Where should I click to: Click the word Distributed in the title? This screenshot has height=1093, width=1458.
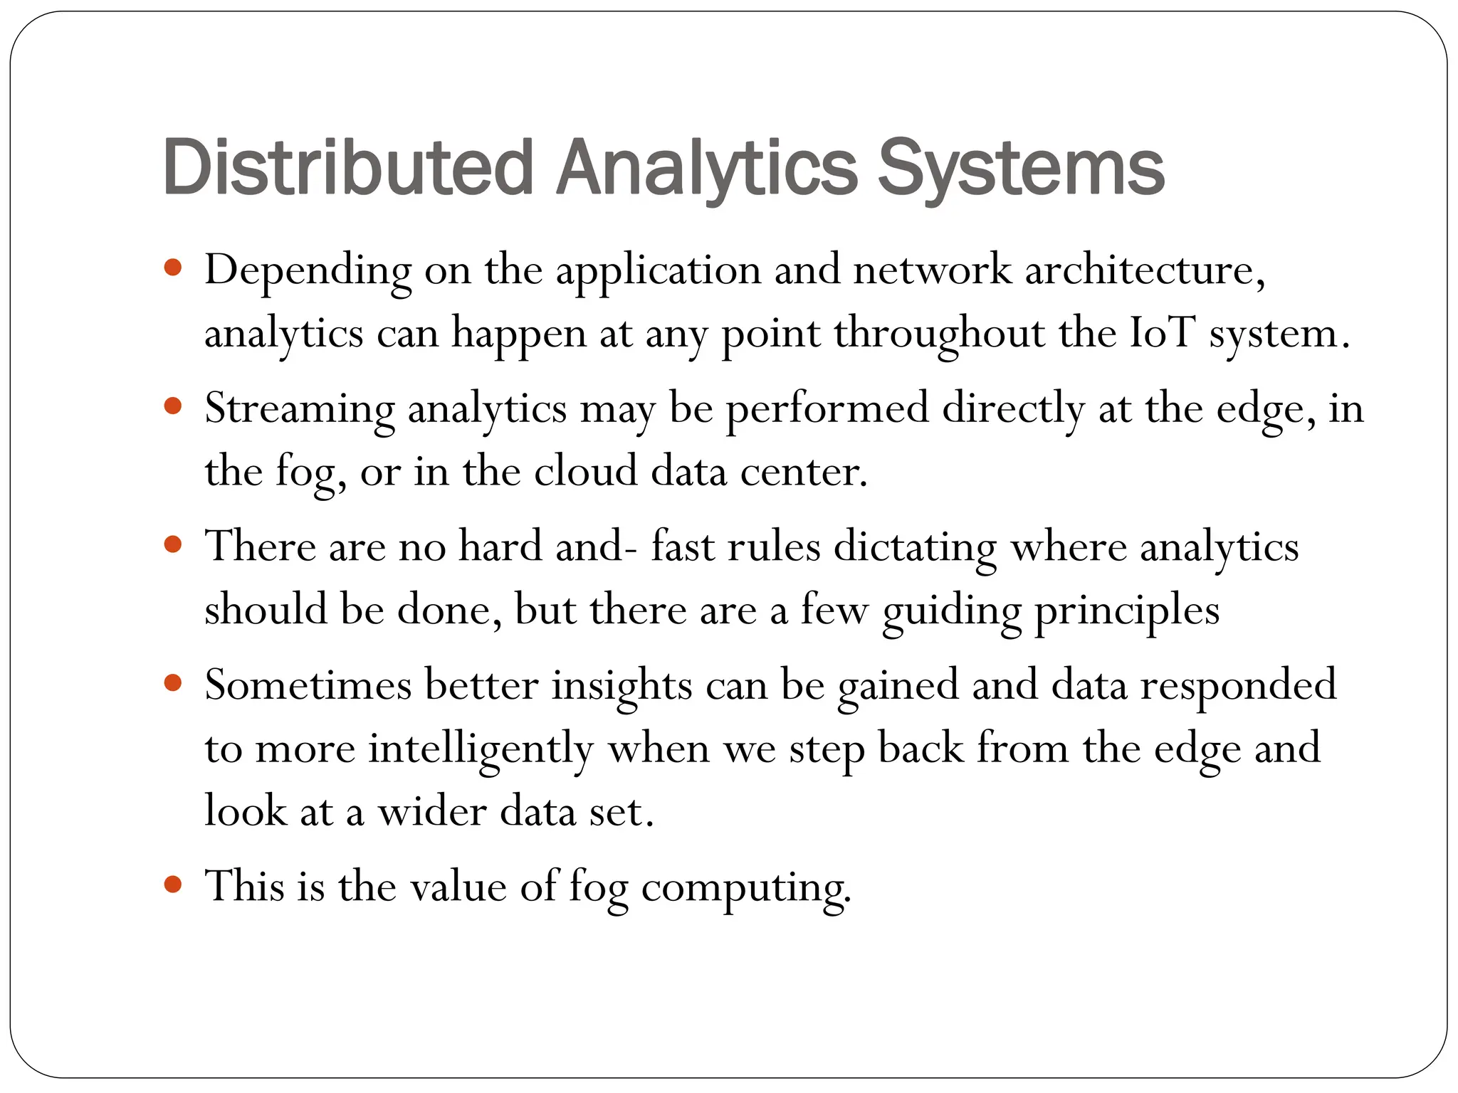(348, 168)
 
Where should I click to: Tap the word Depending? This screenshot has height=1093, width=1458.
(308, 270)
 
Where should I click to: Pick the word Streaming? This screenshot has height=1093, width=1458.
(299, 408)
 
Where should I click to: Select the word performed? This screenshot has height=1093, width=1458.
(827, 408)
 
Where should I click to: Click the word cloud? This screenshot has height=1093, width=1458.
(585, 471)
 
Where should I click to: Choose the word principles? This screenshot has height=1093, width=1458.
(1126, 611)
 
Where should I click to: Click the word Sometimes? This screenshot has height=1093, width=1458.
(308, 685)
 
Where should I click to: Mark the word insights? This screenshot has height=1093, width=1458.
(622, 685)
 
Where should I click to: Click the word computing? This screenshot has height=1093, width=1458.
(746, 887)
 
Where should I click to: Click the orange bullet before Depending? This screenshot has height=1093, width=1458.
(173, 268)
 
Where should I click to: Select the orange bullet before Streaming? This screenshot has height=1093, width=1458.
(173, 406)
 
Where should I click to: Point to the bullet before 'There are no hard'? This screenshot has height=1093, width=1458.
(173, 545)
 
